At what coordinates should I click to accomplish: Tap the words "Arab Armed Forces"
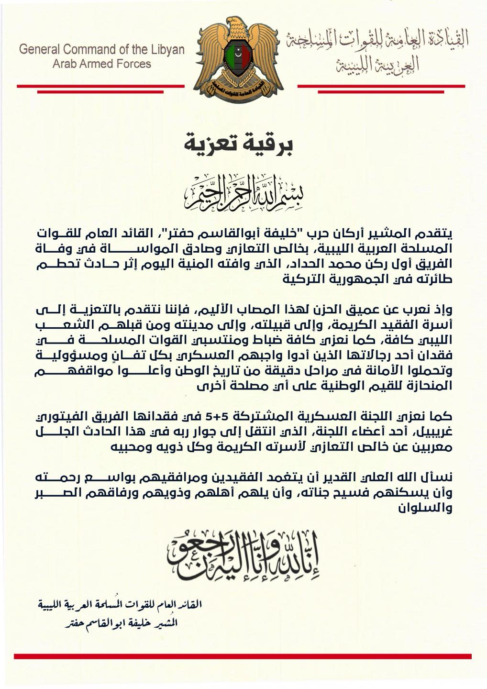(101, 64)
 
